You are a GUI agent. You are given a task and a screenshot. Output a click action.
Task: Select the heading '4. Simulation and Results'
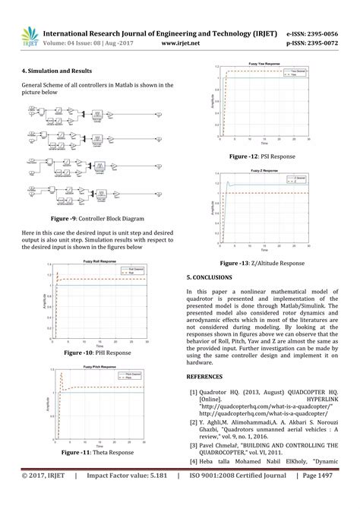pyautogui.click(x=53, y=69)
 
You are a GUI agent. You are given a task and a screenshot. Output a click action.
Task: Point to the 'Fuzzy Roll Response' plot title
pyautogui.click(x=98, y=262)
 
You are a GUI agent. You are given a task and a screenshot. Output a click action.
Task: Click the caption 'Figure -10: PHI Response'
pyautogui.click(x=97, y=353)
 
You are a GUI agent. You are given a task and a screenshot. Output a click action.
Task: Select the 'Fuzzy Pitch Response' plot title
pyautogui.click(x=98, y=368)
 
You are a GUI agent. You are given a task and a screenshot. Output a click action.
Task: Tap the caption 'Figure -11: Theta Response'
pyautogui.click(x=97, y=453)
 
